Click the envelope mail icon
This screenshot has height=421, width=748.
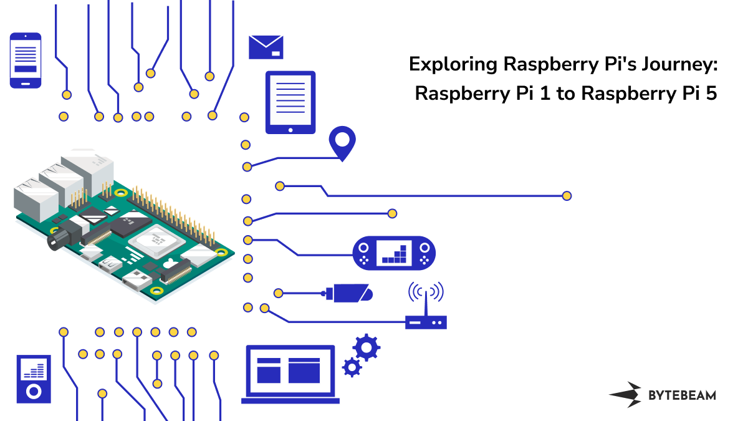(x=266, y=47)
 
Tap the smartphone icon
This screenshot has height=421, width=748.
(x=26, y=60)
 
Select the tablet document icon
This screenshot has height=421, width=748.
(x=290, y=102)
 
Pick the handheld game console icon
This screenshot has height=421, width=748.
(x=395, y=253)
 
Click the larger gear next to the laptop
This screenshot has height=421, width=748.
(x=366, y=346)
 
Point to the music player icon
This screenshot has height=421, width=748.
(x=33, y=379)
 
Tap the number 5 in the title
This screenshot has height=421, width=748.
(x=712, y=94)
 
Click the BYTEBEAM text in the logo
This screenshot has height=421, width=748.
(x=682, y=395)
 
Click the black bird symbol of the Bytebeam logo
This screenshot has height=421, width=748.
(x=626, y=394)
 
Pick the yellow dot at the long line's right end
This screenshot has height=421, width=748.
(x=567, y=196)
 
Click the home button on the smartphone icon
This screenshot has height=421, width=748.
(x=26, y=82)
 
